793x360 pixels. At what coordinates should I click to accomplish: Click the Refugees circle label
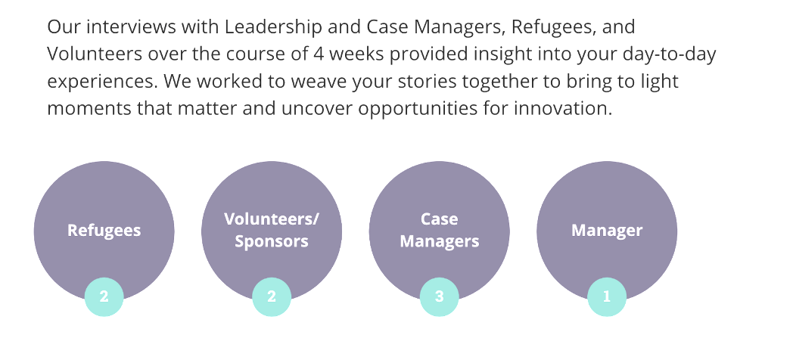click(104, 231)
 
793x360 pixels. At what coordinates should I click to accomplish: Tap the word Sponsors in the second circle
click(272, 242)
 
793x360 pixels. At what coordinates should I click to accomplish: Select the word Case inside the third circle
click(440, 219)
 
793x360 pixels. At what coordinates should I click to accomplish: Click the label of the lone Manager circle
click(607, 231)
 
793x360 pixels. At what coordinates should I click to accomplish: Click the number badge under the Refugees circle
click(104, 297)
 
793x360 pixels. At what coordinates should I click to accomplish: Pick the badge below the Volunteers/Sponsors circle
click(272, 297)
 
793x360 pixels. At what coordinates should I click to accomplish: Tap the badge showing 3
click(440, 297)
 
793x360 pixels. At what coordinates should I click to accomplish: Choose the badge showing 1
click(607, 297)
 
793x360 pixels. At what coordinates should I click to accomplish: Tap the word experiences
click(99, 82)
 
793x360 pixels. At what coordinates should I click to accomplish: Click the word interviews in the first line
click(125, 28)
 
